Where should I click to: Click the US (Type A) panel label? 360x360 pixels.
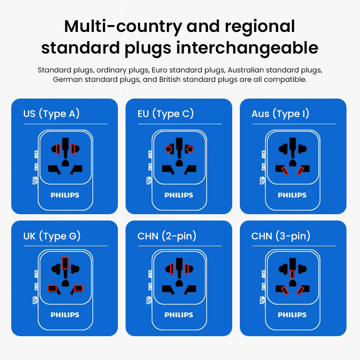click(51, 114)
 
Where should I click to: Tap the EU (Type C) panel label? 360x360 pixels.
click(166, 114)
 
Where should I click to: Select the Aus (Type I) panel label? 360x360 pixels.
click(280, 114)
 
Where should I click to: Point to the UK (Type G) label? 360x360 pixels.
click(52, 236)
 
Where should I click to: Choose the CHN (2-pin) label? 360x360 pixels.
click(167, 236)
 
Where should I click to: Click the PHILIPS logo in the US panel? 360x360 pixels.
click(65, 195)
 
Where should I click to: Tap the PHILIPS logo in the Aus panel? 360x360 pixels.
click(292, 195)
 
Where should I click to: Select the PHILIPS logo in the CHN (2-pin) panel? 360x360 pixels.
click(179, 315)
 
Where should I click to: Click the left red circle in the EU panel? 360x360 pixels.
click(168, 149)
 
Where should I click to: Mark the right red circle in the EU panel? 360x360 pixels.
click(190, 149)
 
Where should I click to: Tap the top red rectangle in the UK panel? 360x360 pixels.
click(65, 263)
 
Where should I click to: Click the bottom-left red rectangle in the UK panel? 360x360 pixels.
click(53, 288)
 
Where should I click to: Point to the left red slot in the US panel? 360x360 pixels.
click(58, 148)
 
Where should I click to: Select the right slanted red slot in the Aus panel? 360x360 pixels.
click(301, 170)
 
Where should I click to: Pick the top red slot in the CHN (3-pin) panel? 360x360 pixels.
click(292, 274)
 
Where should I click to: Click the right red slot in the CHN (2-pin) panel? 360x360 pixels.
click(186, 269)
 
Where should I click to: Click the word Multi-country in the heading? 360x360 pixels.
click(122, 26)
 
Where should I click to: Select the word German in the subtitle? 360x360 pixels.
click(65, 80)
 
